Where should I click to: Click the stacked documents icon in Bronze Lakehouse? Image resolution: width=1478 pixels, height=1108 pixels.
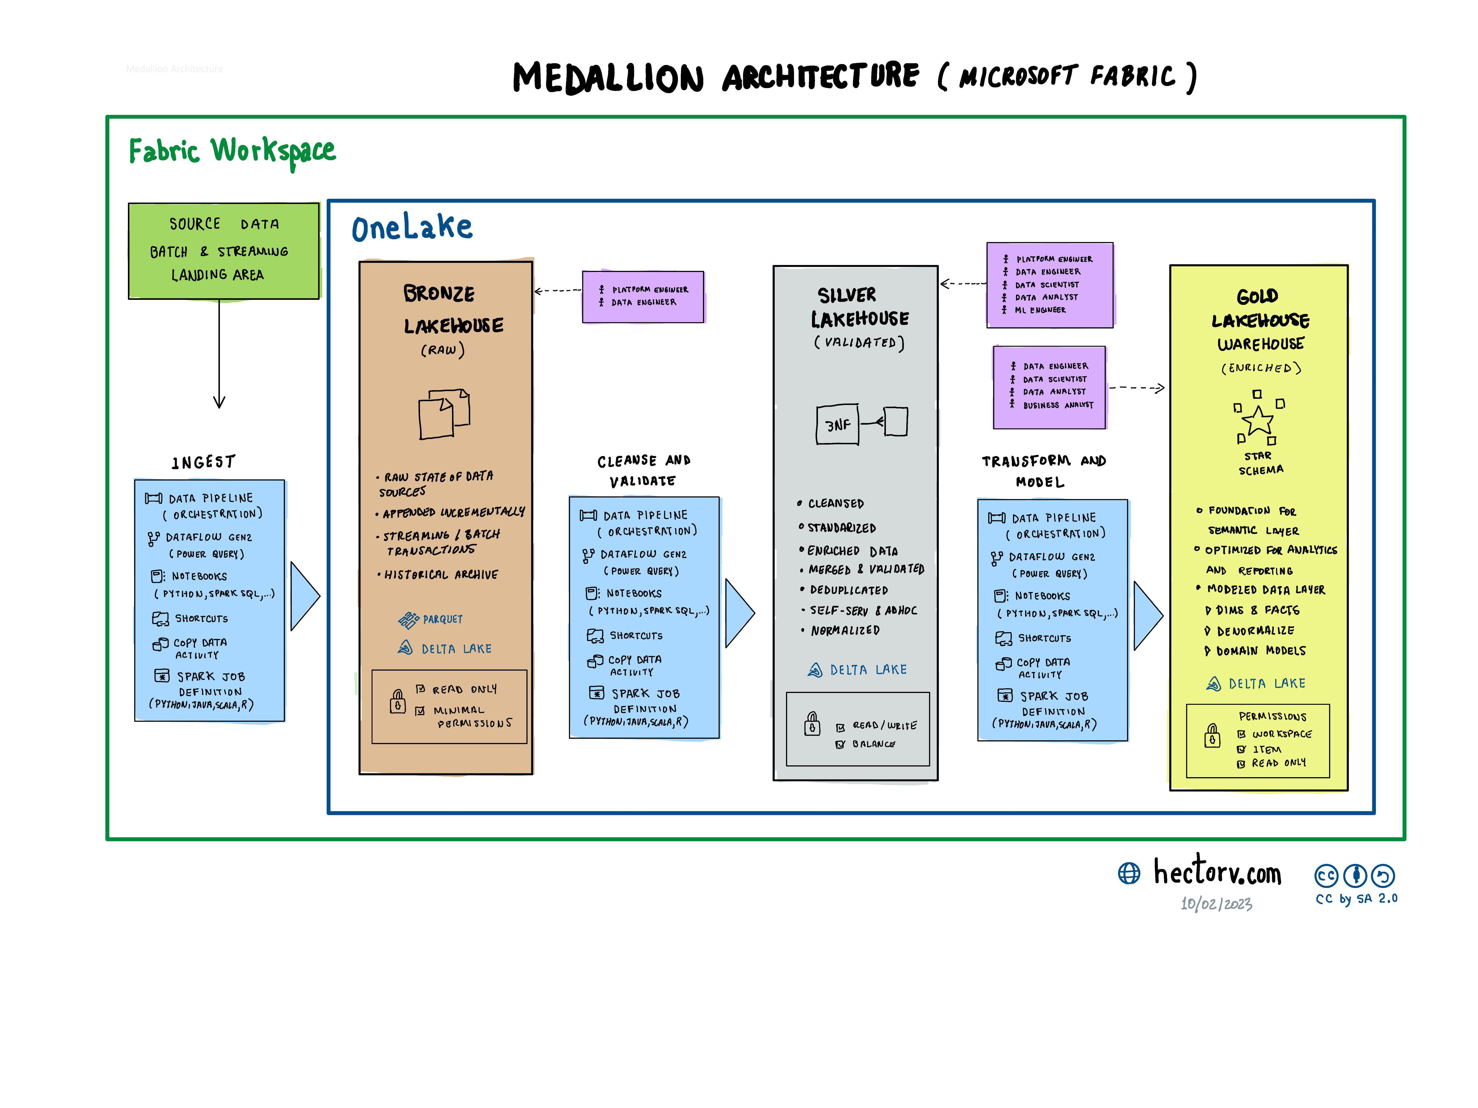tap(444, 414)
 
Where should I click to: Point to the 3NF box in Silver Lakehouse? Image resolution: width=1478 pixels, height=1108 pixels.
tap(837, 424)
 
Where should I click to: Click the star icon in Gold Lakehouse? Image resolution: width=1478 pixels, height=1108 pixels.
tap(1258, 421)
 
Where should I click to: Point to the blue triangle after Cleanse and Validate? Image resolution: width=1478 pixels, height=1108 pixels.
tap(739, 612)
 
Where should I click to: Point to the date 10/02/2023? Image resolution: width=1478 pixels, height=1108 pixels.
tap(1216, 904)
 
